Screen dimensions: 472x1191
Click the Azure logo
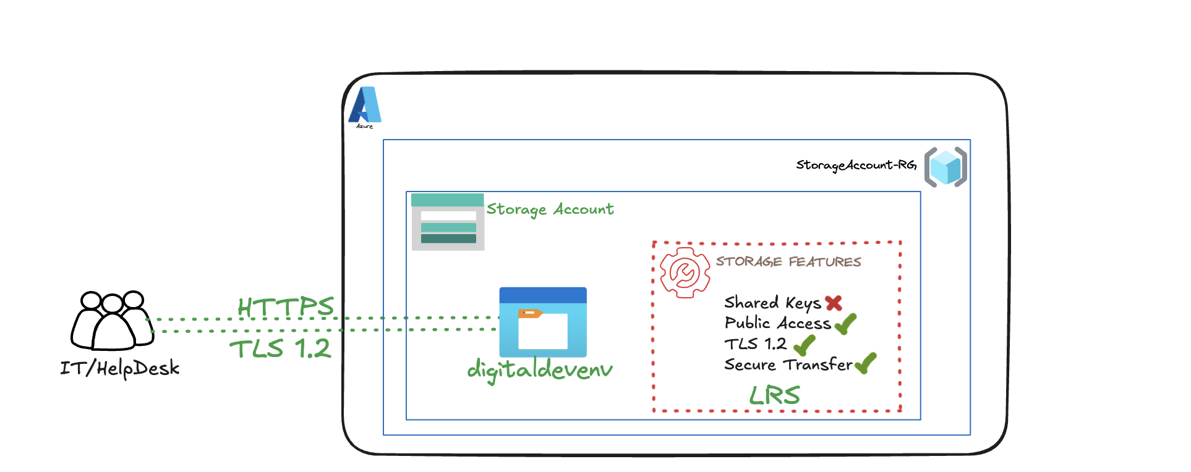[365, 106]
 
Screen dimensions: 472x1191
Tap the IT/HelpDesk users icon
[112, 320]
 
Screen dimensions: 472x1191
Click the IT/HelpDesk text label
[120, 369]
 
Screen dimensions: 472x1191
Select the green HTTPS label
[286, 306]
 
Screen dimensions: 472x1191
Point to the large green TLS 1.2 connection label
[281, 349]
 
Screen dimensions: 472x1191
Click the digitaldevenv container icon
[543, 322]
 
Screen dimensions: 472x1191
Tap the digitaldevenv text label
[540, 370]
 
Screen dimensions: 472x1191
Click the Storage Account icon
[448, 222]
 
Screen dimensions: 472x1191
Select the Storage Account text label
[550, 209]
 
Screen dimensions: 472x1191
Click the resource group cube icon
[946, 167]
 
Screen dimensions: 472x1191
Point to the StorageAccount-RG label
[856, 166]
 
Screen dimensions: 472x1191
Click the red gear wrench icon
[685, 272]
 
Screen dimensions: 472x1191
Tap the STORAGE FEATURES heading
[788, 262]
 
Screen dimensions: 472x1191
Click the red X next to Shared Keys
[834, 303]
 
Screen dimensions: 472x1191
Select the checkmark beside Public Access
[845, 323]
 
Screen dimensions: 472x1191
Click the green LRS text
[775, 395]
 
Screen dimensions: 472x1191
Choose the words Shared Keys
[772, 303]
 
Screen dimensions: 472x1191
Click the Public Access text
[778, 323]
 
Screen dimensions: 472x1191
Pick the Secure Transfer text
[788, 365]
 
